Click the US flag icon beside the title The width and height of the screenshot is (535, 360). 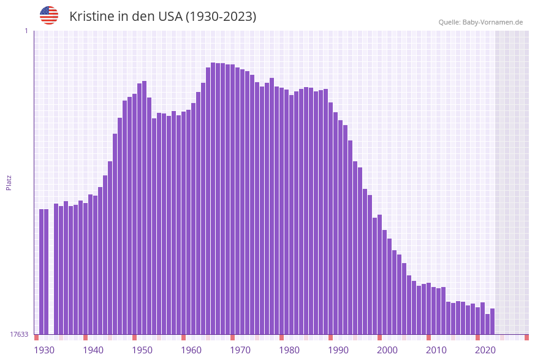49,15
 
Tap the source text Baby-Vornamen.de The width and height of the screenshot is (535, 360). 493,22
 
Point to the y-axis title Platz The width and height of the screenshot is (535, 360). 9,182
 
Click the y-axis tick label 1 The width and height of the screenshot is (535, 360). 26,31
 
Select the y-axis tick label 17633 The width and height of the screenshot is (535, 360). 19,334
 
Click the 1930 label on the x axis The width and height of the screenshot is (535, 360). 44,350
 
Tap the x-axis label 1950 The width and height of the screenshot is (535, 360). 142,350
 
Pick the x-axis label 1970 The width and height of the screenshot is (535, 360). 240,350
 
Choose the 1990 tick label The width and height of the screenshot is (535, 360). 338,350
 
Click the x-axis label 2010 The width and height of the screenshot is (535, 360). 436,350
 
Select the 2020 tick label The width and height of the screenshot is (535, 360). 485,350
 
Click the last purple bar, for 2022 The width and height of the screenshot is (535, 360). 492,321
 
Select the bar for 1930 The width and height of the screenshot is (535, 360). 41,272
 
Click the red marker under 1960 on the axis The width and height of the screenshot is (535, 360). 183,337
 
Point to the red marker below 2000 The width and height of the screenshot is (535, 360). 379,337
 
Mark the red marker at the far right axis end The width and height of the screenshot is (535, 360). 526,337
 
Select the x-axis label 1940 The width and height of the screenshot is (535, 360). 93,350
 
